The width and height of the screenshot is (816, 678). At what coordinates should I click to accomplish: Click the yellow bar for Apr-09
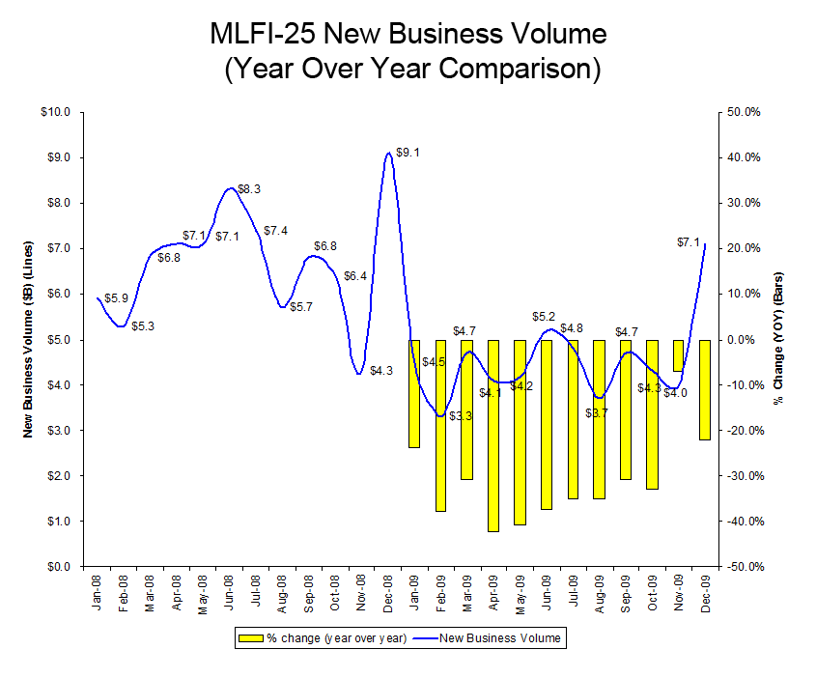(x=492, y=435)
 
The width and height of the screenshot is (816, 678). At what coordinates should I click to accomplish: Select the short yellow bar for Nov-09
(x=678, y=355)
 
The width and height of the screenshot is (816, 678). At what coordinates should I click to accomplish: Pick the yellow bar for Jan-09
(x=414, y=393)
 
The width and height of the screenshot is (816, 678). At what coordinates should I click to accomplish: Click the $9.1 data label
(x=408, y=153)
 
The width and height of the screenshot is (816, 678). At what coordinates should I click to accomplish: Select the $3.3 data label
(x=461, y=416)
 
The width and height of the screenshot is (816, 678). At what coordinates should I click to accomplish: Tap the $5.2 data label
(x=544, y=317)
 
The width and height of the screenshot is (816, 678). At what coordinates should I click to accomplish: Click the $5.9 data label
(x=117, y=298)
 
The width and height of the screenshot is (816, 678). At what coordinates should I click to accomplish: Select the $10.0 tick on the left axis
(x=56, y=112)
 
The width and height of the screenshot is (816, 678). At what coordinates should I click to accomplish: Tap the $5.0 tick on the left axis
(x=59, y=339)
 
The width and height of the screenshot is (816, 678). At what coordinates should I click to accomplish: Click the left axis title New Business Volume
(x=29, y=339)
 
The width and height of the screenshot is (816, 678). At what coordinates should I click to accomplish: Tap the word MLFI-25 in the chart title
(x=263, y=35)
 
